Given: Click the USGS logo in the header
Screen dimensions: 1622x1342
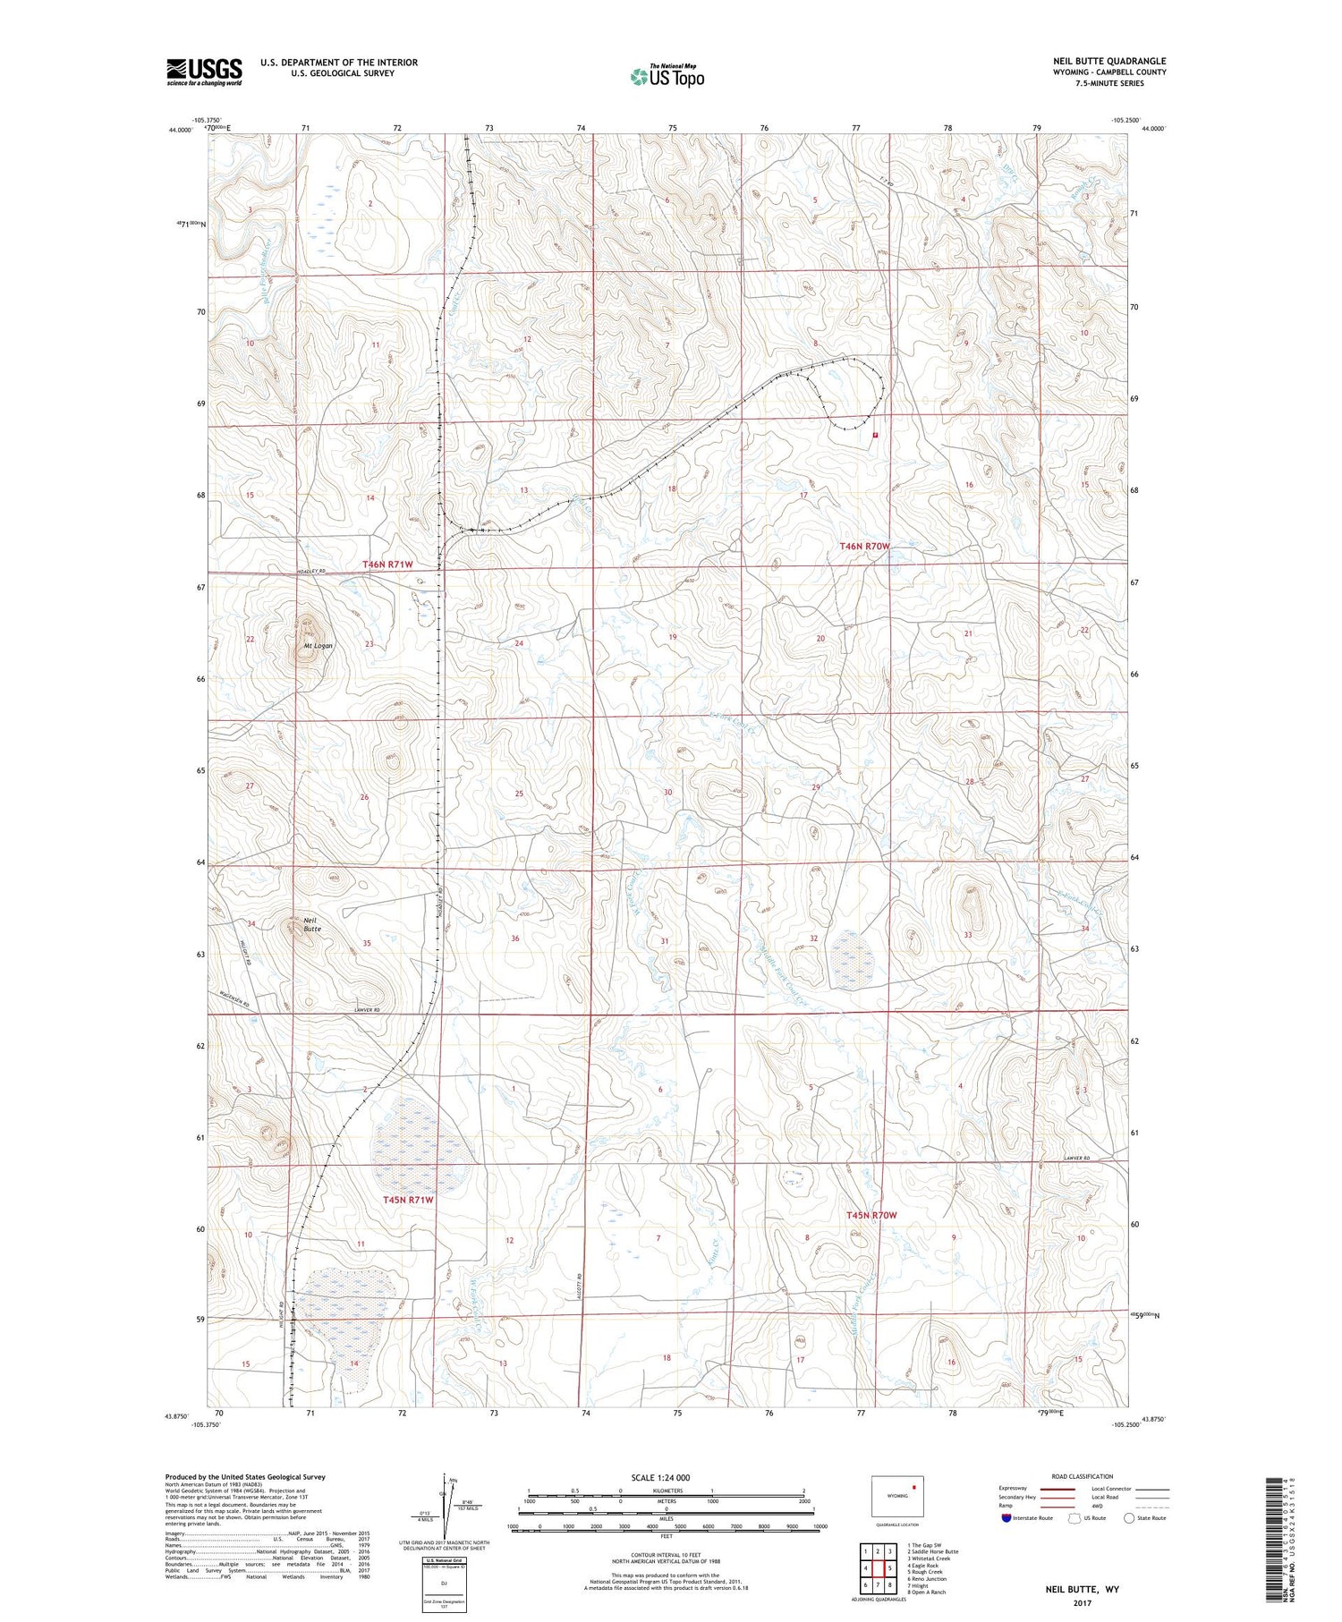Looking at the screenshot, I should click(x=204, y=72).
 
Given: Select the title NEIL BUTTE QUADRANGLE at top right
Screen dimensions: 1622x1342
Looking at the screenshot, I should click(x=1109, y=61).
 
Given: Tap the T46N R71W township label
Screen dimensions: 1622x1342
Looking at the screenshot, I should click(x=387, y=564).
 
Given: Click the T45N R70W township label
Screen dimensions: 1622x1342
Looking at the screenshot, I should click(x=871, y=1215).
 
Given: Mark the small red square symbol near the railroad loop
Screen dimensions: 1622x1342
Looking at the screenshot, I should click(x=875, y=435).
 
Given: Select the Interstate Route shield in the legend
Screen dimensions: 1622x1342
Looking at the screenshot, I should click(x=1007, y=1517).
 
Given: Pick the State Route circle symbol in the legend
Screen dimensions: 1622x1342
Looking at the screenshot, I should click(x=1129, y=1517).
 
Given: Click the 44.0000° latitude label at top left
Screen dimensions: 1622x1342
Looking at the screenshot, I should click(x=179, y=131).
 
